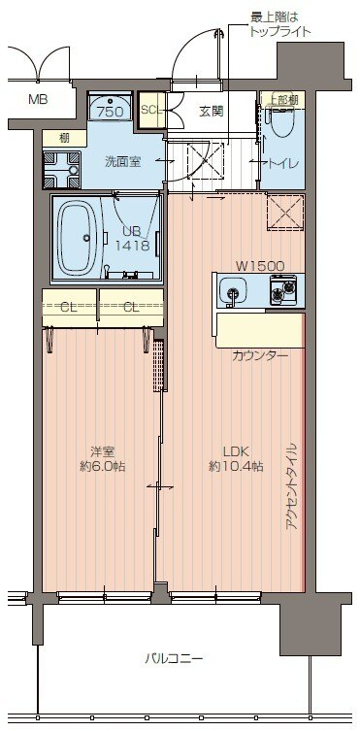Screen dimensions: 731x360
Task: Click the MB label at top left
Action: pos(37,100)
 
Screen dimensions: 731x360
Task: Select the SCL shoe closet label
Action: pos(150,110)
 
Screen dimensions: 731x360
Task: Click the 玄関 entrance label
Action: pos(212,112)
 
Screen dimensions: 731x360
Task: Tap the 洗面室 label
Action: pos(124,162)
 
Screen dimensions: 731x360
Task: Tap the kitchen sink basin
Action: pos(232,290)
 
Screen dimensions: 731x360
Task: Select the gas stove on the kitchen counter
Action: pos(283,290)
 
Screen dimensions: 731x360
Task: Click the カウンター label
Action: pos(260,355)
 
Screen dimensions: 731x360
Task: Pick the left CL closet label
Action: pos(68,308)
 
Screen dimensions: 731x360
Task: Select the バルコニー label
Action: pos(175,658)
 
